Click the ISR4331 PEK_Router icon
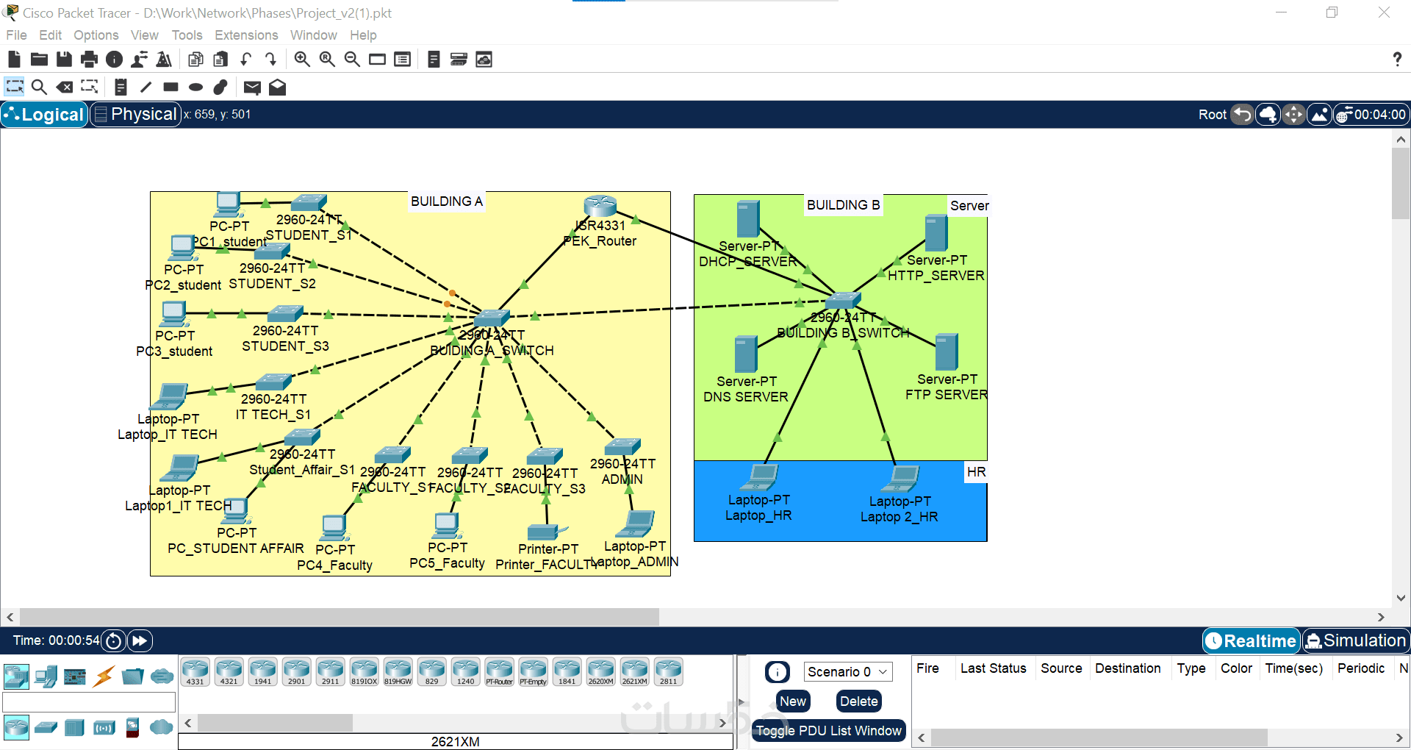point(600,206)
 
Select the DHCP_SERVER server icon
point(747,219)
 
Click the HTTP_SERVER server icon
point(936,233)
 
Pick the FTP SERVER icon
point(946,352)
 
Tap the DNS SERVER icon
point(746,354)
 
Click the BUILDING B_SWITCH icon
point(842,300)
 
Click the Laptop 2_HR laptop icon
point(902,479)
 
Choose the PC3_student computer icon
point(174,314)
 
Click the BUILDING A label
point(447,201)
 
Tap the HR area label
point(976,472)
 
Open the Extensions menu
point(246,35)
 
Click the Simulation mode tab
point(1356,641)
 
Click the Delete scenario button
point(858,701)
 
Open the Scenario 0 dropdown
point(847,671)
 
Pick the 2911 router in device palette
point(331,671)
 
